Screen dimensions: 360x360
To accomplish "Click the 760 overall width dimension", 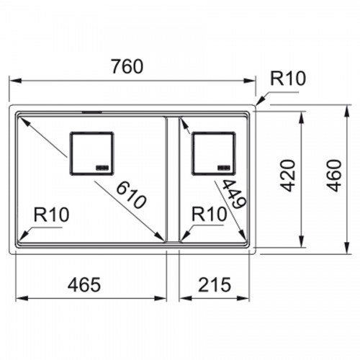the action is point(127,66).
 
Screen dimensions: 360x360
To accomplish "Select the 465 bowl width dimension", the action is point(84,284).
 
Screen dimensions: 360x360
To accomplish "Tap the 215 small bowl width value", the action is point(215,284).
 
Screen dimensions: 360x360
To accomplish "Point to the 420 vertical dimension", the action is point(288,176).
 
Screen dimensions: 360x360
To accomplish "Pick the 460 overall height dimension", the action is point(335,176).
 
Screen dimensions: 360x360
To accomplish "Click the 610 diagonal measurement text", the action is point(131,195).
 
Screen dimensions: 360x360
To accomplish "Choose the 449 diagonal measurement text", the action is point(233,194).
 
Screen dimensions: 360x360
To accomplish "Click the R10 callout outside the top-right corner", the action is point(288,78).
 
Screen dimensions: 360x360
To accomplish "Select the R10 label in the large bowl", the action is point(51,215).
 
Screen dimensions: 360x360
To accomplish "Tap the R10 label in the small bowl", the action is point(210,214).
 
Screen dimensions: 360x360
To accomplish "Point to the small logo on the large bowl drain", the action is point(102,168).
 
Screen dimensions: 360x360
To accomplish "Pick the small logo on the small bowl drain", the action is point(224,168).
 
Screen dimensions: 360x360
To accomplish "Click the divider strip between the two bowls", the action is point(172,179).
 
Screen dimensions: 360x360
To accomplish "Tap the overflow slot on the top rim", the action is point(92,112).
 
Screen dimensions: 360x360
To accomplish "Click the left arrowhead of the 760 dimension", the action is point(15,81).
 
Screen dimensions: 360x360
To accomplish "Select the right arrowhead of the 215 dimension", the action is point(244,299).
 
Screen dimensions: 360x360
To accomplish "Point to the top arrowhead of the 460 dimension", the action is point(347,111).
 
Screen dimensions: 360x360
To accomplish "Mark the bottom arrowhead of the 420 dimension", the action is point(302,241).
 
